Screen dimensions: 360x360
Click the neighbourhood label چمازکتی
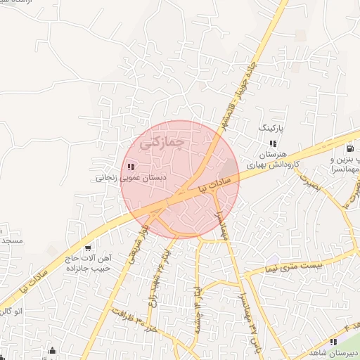(162, 143)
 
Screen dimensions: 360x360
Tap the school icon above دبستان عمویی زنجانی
(131, 167)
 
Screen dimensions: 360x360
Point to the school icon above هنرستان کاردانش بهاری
(273, 143)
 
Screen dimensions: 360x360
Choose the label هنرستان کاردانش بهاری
(272, 158)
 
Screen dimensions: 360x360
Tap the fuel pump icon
(349, 148)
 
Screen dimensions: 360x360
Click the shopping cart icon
(87, 247)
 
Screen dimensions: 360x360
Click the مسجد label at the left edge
(11, 240)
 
